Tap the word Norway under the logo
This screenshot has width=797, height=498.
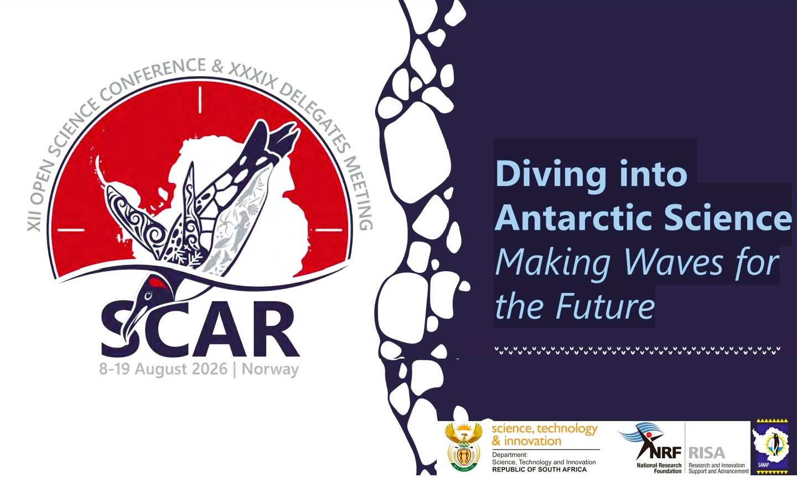click(x=270, y=369)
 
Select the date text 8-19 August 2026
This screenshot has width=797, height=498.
click(x=163, y=369)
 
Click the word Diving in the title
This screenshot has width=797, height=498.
click(x=550, y=174)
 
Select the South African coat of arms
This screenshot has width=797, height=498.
click(x=464, y=448)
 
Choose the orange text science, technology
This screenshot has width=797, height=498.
click(x=544, y=429)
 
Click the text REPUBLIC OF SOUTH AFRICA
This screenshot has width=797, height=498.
click(x=539, y=469)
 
